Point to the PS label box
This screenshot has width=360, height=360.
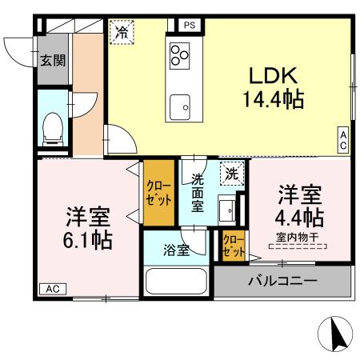point(190,25)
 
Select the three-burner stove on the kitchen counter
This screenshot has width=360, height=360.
point(179,55)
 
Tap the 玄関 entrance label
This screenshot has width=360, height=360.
point(54,61)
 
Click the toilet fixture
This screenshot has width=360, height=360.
point(54,128)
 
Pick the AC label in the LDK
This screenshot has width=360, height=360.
point(343,141)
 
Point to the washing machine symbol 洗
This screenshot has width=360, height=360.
point(231,174)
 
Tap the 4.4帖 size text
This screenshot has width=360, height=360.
point(300,217)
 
